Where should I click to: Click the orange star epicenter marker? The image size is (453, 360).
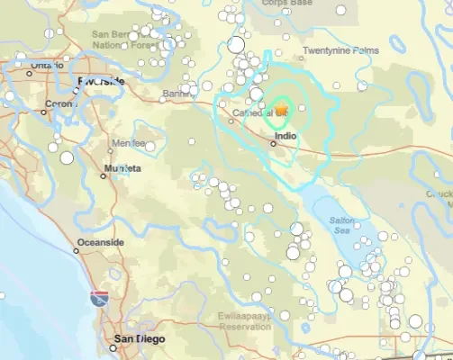click(x=280, y=110)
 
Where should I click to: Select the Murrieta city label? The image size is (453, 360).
click(x=122, y=168)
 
